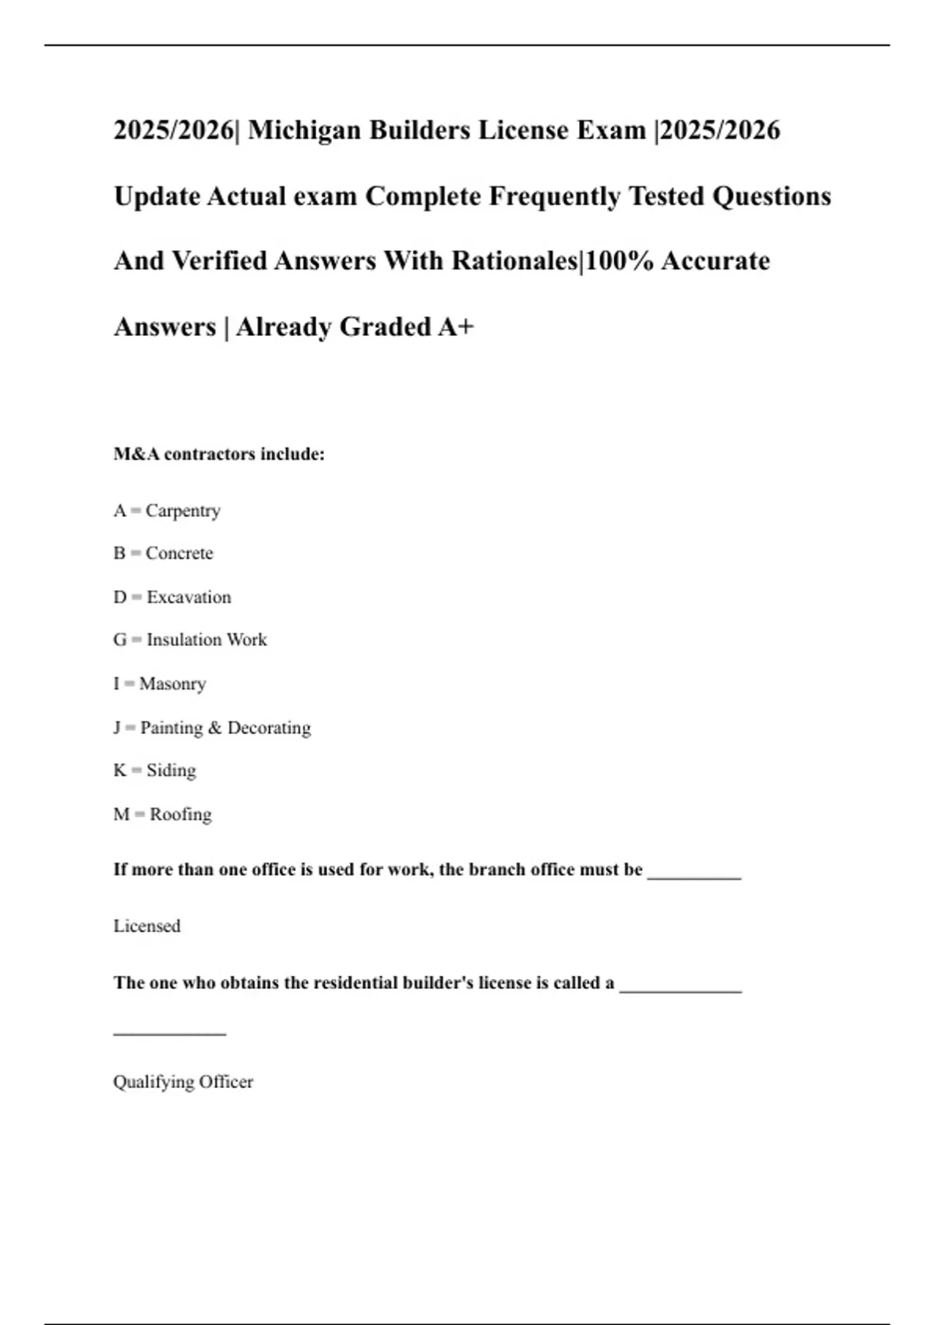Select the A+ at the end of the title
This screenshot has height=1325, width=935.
[456, 327]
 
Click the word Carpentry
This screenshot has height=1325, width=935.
[183, 511]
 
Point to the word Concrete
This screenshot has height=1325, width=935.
[179, 553]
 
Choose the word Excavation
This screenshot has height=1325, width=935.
[189, 597]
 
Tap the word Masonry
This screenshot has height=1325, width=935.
[172, 684]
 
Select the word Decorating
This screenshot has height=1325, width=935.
[269, 728]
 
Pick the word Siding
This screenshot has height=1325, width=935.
[171, 770]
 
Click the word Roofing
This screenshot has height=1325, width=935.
[181, 814]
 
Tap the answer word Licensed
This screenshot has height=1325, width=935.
[147, 926]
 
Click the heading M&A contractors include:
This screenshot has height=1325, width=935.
[219, 454]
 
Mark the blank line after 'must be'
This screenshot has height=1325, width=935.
[694, 876]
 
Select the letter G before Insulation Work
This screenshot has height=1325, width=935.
[120, 640]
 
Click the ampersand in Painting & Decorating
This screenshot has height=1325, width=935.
[215, 728]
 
